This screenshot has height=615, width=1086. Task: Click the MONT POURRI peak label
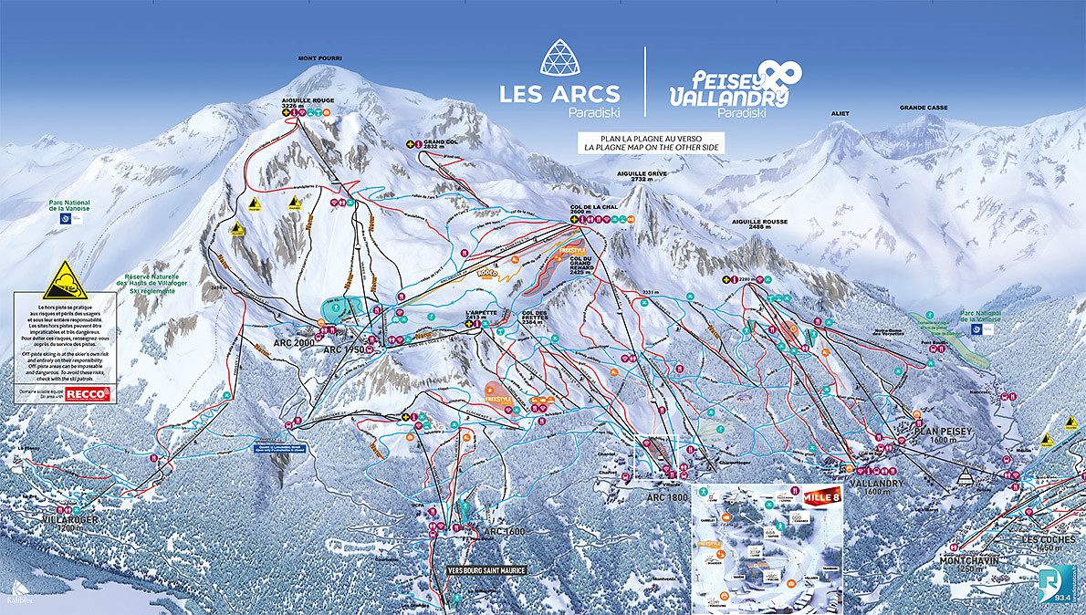[x=319, y=58]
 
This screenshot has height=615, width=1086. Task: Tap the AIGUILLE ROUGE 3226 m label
[x=308, y=103]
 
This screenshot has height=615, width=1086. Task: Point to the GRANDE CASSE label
[x=924, y=108]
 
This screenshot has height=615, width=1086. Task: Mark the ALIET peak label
[x=840, y=114]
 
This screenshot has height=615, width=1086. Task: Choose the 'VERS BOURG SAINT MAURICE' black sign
[x=486, y=569]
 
